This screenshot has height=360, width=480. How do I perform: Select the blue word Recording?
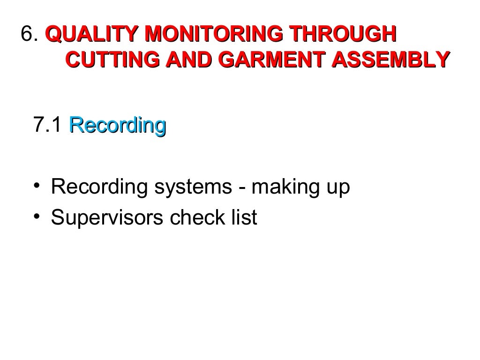pos(117,126)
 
